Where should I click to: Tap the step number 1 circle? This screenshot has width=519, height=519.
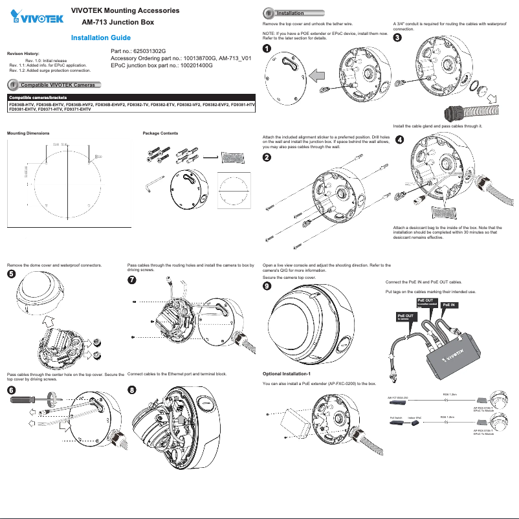[x=267, y=50]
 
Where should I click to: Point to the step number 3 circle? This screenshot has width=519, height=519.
[x=397, y=38]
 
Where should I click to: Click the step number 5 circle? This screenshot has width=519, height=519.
[x=11, y=274]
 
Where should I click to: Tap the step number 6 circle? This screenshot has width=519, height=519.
[x=11, y=390]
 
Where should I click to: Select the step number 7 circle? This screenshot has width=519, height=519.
[x=132, y=280]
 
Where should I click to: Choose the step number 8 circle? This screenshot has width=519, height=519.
[x=132, y=390]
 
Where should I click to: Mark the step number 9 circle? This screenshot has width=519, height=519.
[x=267, y=286]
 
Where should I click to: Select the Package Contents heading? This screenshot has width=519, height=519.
[x=160, y=133]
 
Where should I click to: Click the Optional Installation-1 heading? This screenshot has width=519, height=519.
[x=287, y=374]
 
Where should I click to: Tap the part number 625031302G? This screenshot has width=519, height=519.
[x=139, y=50]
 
